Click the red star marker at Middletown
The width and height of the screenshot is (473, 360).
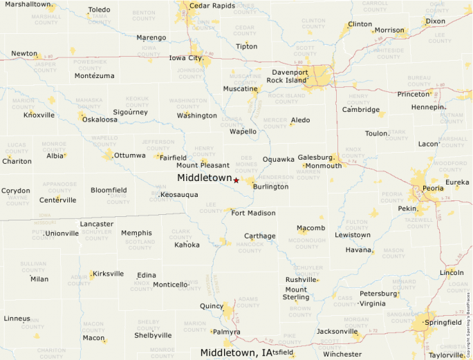click(236, 180)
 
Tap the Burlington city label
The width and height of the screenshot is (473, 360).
click(270, 187)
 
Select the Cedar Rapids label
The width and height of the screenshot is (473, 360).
click(212, 6)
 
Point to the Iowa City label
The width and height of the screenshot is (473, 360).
click(185, 58)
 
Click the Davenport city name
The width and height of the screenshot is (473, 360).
click(290, 72)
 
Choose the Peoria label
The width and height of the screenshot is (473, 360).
click(433, 188)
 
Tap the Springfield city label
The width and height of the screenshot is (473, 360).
click(443, 322)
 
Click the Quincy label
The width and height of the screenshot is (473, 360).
click(212, 306)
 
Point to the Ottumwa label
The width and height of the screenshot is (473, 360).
click(130, 155)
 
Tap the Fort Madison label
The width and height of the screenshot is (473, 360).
click(253, 213)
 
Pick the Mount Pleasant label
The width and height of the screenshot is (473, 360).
click(203, 165)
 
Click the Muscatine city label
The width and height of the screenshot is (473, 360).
click(240, 88)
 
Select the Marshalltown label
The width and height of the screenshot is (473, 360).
click(28, 5)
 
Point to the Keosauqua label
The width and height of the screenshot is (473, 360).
click(179, 195)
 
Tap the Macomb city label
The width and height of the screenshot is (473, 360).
click(310, 228)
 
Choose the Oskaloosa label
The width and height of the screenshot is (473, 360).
click(100, 119)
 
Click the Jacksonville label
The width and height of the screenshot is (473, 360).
click(337, 331)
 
